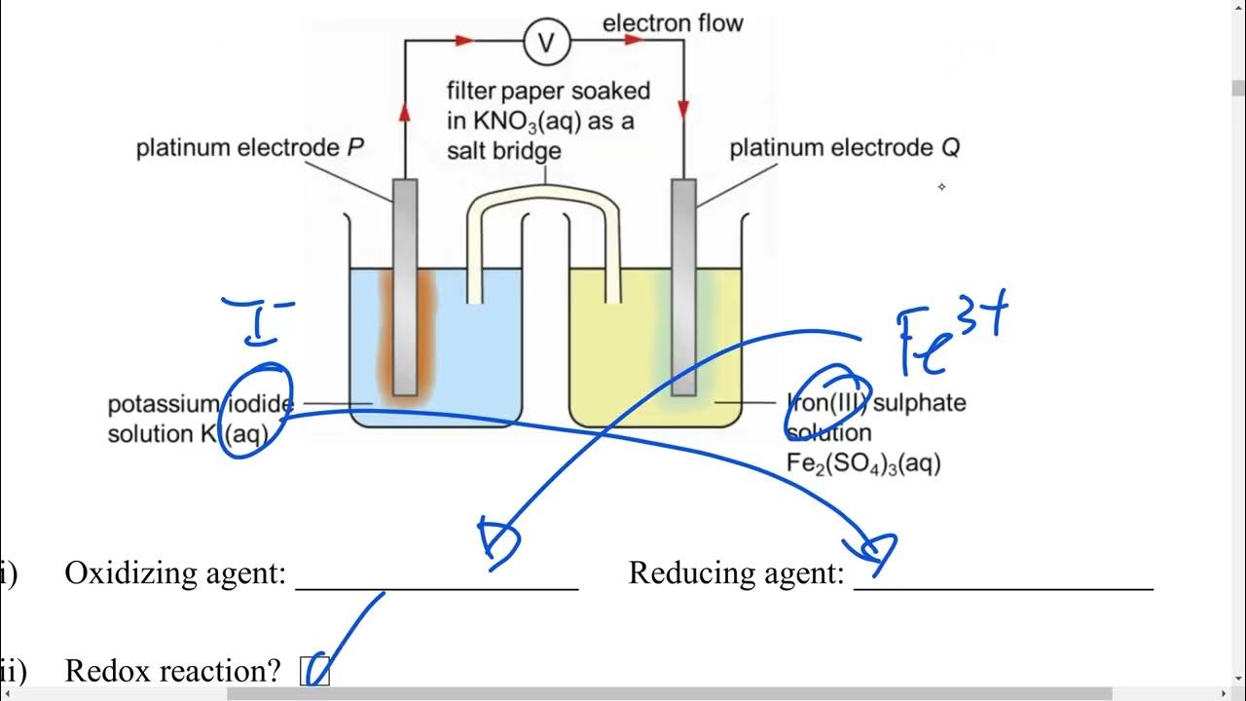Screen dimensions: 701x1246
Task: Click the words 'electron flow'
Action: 672,22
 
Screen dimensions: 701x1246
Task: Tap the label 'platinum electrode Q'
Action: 845,148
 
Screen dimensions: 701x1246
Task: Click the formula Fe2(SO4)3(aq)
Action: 862,463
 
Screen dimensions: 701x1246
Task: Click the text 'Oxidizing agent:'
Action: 175,573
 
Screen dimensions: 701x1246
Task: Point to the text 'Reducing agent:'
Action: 736,573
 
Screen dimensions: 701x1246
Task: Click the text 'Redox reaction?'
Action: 172,671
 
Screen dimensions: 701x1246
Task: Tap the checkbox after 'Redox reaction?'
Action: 315,671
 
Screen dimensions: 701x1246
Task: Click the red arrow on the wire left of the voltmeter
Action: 463,41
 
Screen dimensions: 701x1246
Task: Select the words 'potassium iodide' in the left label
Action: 201,404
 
